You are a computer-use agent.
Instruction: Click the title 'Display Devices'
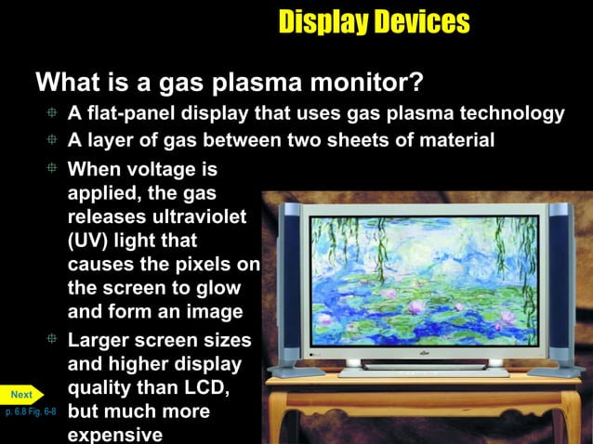pos(374,21)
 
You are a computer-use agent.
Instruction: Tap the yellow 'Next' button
pos(21,395)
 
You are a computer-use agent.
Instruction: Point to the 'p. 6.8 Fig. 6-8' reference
pos(31,411)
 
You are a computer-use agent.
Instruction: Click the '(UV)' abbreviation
pos(90,241)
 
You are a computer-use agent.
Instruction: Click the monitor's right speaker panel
pos(560,283)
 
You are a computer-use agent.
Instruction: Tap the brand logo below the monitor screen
pos(424,354)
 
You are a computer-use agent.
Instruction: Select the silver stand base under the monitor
pos(424,372)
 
